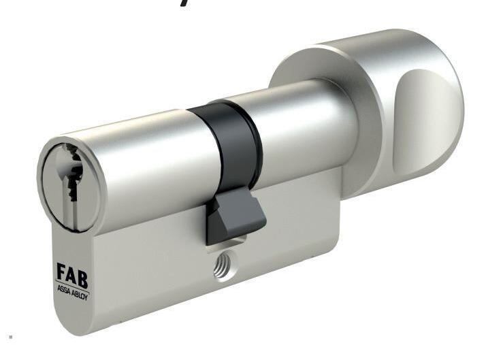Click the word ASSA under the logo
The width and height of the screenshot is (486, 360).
(x=64, y=290)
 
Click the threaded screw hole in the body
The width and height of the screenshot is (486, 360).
(x=223, y=266)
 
